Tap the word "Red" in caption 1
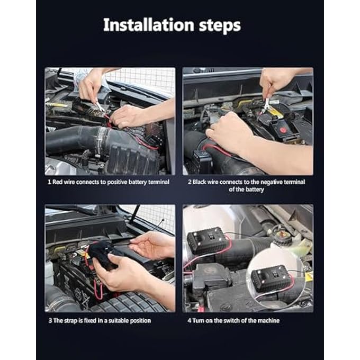58,182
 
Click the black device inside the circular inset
270,277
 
